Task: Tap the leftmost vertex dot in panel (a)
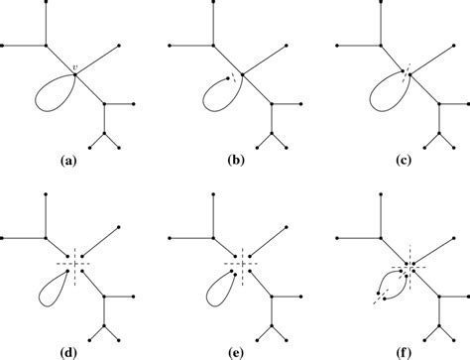[4, 46]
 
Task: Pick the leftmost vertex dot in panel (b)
[171, 46]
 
